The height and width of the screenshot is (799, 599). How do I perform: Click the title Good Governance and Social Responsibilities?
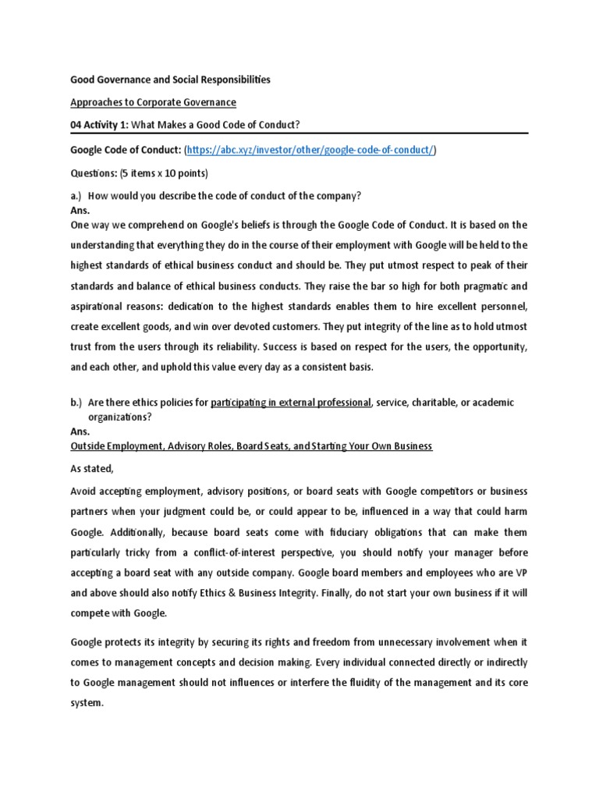[x=171, y=80]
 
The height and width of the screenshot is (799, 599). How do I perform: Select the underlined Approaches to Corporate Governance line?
[x=153, y=102]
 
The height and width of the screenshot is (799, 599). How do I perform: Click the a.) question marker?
[x=77, y=194]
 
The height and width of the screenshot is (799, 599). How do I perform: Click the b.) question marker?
[x=77, y=402]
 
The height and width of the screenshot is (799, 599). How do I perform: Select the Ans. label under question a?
[x=80, y=211]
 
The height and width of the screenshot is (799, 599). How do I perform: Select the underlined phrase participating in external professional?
[x=291, y=402]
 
